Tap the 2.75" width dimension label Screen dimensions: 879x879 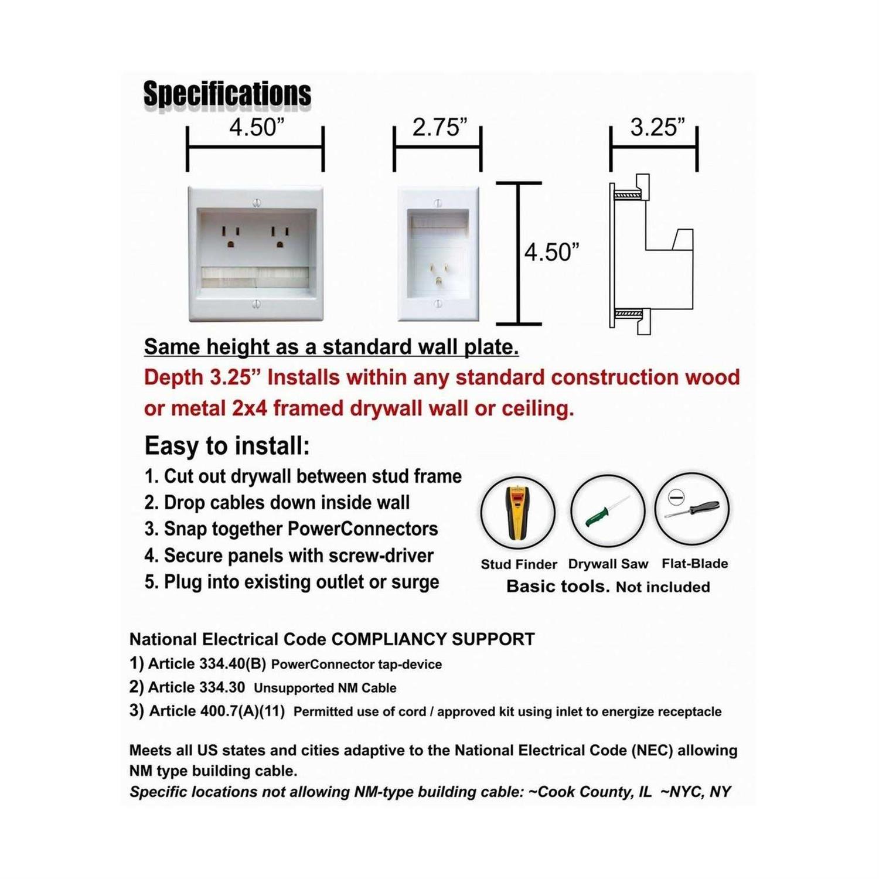[439, 127]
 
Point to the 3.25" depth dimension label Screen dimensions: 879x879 [657, 127]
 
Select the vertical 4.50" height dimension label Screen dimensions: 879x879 [551, 253]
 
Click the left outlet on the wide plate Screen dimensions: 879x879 [230, 237]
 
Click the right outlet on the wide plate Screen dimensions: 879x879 [280, 237]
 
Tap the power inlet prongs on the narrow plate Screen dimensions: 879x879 [437, 275]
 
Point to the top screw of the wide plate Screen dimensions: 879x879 [256, 203]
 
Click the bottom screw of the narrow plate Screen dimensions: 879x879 [438, 304]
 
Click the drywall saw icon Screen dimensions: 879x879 [607, 511]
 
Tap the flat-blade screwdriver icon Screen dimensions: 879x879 [691, 509]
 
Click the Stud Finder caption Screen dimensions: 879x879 [519, 564]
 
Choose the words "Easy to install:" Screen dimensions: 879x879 [227, 446]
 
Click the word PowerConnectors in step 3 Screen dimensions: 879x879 [363, 529]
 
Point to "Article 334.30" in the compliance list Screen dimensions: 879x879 [196, 687]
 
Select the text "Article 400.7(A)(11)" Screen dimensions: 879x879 [217, 711]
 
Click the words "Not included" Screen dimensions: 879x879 [663, 587]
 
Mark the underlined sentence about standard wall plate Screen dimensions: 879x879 [331, 347]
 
